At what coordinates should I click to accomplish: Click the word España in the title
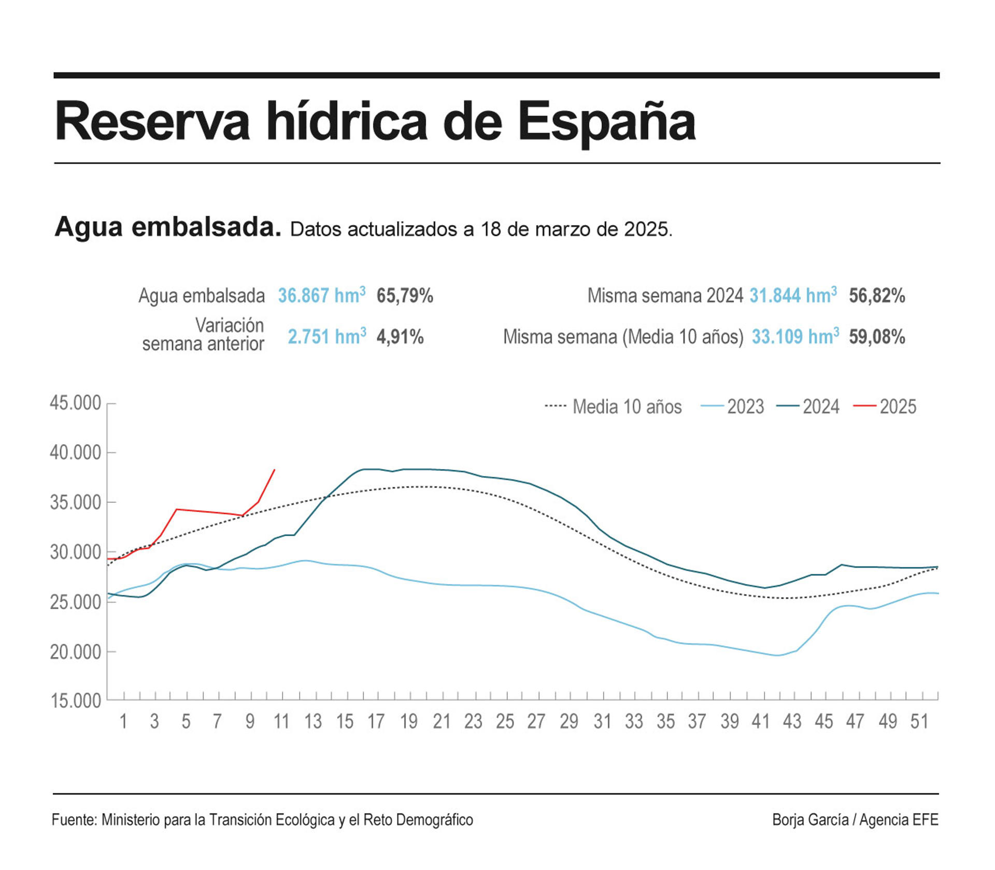tap(606, 122)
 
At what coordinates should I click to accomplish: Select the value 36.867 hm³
tap(321, 296)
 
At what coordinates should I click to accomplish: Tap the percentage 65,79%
tap(405, 296)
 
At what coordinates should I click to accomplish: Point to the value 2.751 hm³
tap(326, 337)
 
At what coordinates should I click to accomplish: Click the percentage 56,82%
tap(877, 296)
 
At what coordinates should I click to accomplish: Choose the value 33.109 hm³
tap(795, 337)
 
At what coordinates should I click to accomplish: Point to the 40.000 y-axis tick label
tap(76, 453)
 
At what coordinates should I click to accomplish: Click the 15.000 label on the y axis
tap(76, 701)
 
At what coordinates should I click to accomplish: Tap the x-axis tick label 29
tap(568, 721)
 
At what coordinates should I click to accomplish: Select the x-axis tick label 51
tap(919, 721)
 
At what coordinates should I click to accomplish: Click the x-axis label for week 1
tap(123, 721)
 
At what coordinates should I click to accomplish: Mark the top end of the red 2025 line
tap(274, 470)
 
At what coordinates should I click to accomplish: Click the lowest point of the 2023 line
tap(777, 656)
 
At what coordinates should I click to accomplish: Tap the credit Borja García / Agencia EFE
tap(855, 820)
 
